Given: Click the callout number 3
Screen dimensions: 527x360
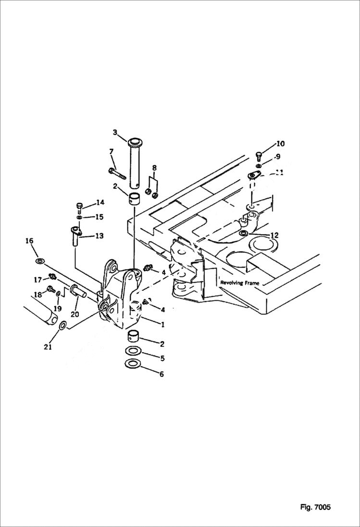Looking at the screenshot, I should tap(115, 132).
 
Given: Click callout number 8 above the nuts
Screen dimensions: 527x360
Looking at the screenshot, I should tap(154, 168).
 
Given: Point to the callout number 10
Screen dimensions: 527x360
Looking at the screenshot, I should tap(280, 144).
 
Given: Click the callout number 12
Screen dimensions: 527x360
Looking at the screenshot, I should tap(274, 235).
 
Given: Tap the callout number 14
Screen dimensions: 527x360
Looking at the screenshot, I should tap(99, 202).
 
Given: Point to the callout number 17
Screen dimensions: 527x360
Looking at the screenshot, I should tap(37, 279).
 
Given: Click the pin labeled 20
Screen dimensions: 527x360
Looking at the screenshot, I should tap(77, 292).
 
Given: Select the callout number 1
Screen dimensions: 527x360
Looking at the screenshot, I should tap(162, 325).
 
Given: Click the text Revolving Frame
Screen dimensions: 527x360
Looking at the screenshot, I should tap(239, 283).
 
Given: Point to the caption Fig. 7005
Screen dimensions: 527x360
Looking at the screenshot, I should tap(315, 507).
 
